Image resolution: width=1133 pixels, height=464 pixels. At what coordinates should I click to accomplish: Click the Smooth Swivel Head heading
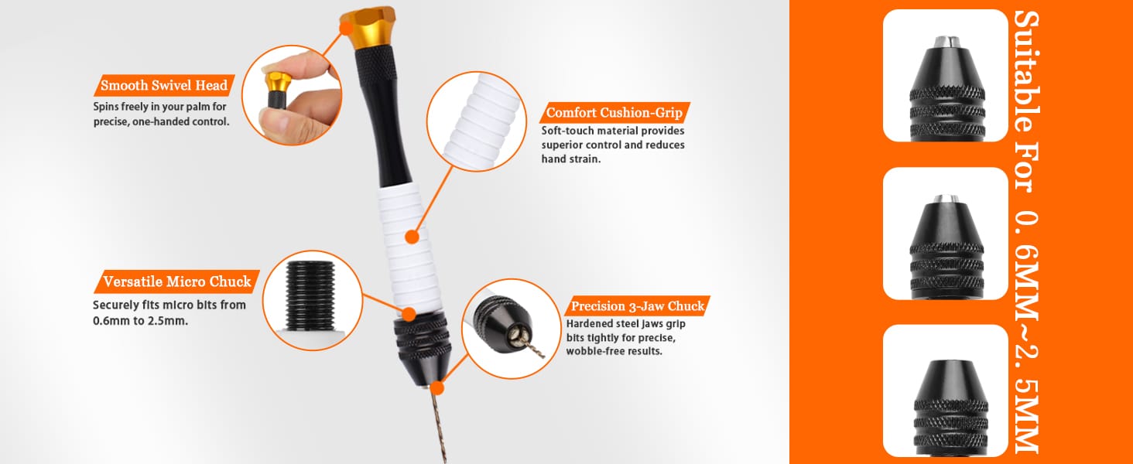click(164, 85)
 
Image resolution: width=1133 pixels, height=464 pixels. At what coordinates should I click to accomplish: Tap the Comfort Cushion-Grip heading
click(614, 112)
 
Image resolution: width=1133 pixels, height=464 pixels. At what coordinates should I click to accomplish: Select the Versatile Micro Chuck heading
click(177, 281)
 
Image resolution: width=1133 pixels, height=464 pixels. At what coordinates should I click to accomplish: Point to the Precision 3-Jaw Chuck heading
click(638, 305)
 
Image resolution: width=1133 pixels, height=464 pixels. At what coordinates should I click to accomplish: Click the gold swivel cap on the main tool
click(368, 27)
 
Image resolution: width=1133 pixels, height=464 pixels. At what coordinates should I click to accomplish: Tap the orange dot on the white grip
click(412, 237)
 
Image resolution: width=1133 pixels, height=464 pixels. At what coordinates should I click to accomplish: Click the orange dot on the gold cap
click(346, 28)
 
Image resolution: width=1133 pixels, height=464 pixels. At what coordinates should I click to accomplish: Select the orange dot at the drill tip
click(437, 388)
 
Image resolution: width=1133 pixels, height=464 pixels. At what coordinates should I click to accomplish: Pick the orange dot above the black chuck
click(409, 315)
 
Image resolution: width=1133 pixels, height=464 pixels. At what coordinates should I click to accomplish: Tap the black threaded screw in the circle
click(310, 296)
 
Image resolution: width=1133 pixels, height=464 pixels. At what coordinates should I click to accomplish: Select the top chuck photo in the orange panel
click(946, 75)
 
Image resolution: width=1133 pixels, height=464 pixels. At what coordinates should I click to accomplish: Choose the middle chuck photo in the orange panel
click(946, 234)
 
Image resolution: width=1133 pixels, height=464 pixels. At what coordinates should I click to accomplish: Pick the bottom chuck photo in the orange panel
click(946, 391)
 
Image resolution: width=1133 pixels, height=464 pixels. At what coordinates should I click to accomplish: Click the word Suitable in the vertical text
click(1027, 71)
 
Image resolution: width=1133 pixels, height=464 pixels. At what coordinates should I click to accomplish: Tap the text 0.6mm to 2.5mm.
click(141, 321)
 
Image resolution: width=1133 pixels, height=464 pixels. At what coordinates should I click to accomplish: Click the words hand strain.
click(571, 159)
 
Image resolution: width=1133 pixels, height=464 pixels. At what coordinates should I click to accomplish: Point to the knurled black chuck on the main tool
click(423, 343)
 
